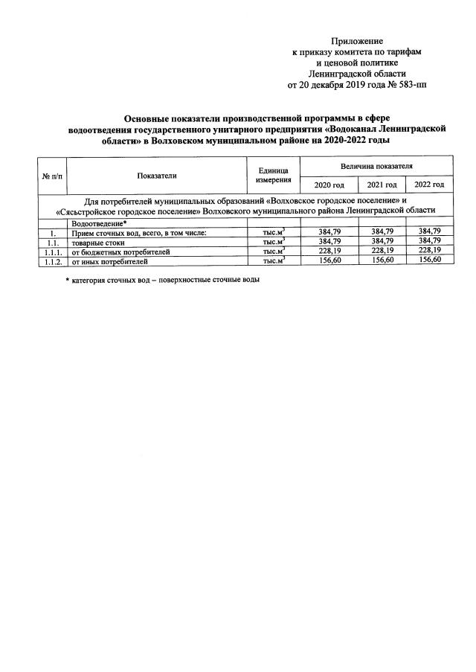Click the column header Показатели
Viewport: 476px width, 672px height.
[x=157, y=175]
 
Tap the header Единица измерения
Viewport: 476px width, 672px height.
[x=272, y=176]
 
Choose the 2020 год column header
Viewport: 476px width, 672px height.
[x=329, y=185]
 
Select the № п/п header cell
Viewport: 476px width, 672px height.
[x=52, y=176]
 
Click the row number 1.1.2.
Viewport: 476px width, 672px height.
[x=52, y=261]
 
